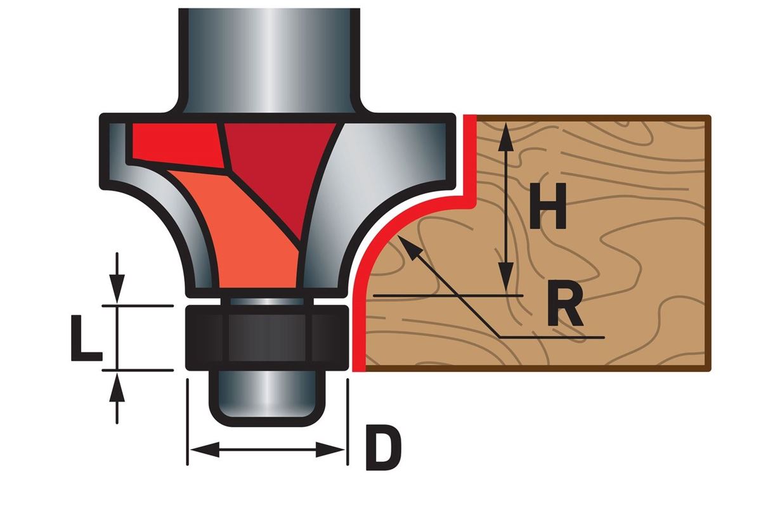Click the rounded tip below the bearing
266,399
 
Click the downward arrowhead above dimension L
117,292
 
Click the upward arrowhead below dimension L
117,384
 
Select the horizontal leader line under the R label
552,336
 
